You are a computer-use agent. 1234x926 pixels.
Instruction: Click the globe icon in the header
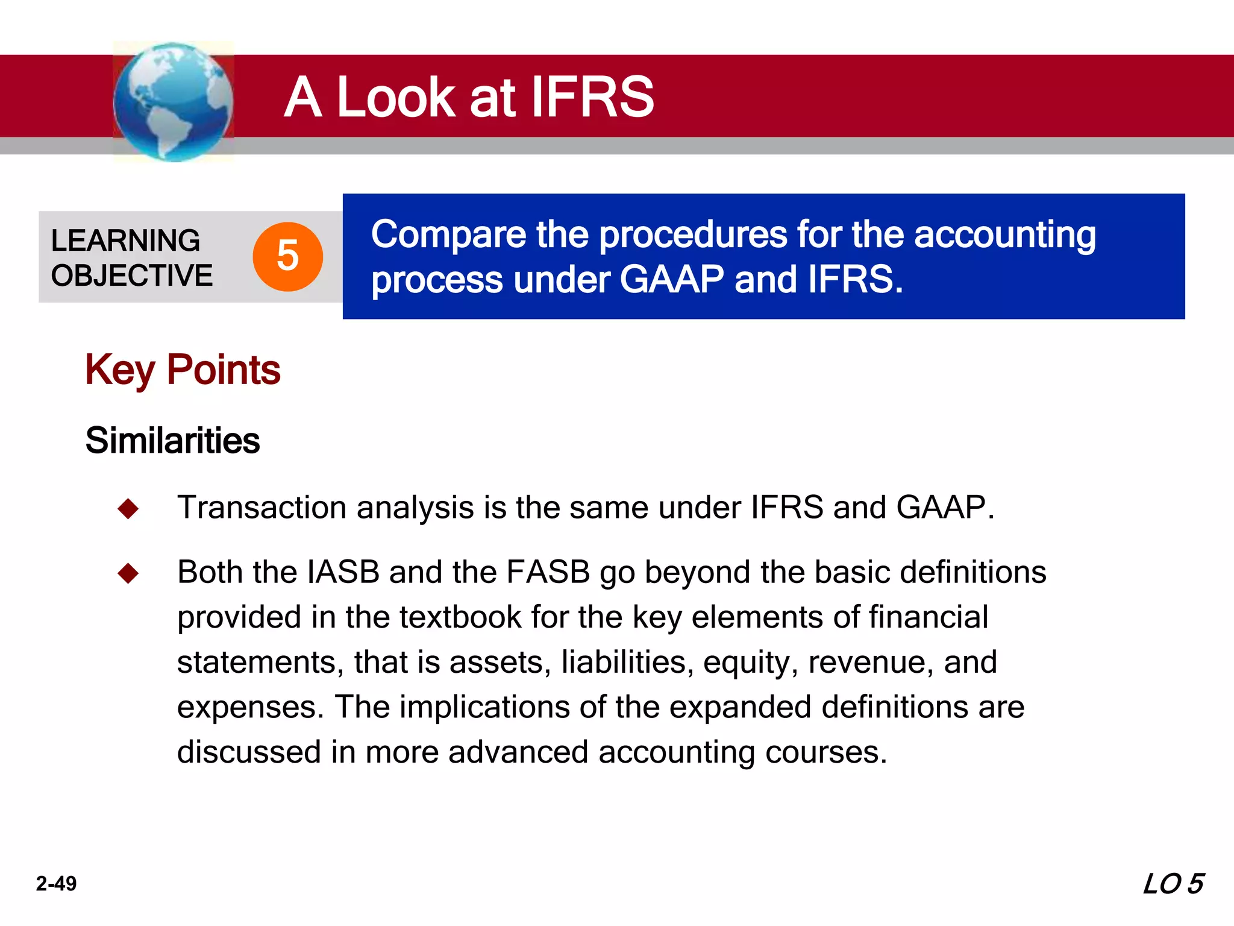pos(173,101)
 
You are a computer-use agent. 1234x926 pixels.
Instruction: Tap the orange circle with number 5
pos(287,256)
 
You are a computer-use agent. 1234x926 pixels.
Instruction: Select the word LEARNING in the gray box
pos(125,241)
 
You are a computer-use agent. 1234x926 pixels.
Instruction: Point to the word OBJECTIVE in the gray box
pos(132,276)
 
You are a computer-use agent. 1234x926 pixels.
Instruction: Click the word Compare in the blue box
pos(448,235)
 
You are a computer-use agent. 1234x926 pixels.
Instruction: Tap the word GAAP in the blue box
pos(671,280)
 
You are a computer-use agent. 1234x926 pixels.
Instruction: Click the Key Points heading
pos(183,370)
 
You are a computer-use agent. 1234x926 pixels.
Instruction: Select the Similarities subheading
pos(172,440)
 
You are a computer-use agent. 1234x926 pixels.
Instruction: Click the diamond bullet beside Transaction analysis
pos(128,508)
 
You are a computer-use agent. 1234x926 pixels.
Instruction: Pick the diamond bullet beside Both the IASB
pos(128,573)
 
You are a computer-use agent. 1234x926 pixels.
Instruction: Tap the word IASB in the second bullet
pos(343,572)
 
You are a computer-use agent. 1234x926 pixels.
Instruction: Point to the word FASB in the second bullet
pos(548,572)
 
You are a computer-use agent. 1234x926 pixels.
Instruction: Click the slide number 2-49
pos(56,884)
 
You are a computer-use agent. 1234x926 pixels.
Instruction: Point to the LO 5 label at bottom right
pos(1173,884)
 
